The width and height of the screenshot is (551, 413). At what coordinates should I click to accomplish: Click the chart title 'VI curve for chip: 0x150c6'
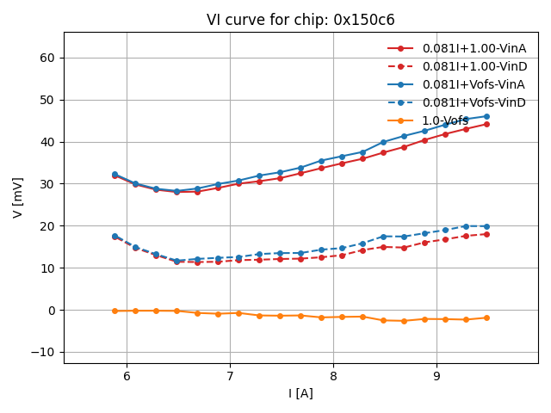coord(300,20)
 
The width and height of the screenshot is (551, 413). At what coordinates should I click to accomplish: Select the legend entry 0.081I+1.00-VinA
coord(474,48)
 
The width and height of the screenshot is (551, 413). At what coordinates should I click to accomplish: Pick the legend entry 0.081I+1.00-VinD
coord(474,66)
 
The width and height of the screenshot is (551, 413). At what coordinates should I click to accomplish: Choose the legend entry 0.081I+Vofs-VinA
coord(474,84)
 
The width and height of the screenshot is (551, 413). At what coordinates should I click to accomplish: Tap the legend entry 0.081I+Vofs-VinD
coord(474,102)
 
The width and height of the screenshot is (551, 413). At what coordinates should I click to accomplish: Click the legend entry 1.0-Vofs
coord(445,120)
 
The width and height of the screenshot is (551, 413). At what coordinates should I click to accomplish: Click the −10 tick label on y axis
coord(43,353)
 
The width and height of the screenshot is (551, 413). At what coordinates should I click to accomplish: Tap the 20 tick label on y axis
coord(49,226)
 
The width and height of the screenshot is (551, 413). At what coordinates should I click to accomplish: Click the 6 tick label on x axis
coord(127,376)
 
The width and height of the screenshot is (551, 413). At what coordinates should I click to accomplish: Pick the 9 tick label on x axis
coord(436,376)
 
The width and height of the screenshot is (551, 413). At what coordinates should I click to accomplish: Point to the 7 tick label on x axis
coord(230,376)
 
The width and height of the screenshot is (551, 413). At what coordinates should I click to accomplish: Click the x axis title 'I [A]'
coord(300,393)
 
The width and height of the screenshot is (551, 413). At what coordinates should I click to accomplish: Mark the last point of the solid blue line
coord(486,116)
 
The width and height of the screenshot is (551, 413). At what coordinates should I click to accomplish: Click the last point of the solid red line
coord(486,124)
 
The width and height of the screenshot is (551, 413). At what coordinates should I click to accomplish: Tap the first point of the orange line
coord(115,311)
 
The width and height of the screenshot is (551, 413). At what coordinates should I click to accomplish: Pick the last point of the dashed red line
coord(486,234)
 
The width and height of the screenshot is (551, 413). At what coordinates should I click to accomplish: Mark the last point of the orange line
coord(486,317)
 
